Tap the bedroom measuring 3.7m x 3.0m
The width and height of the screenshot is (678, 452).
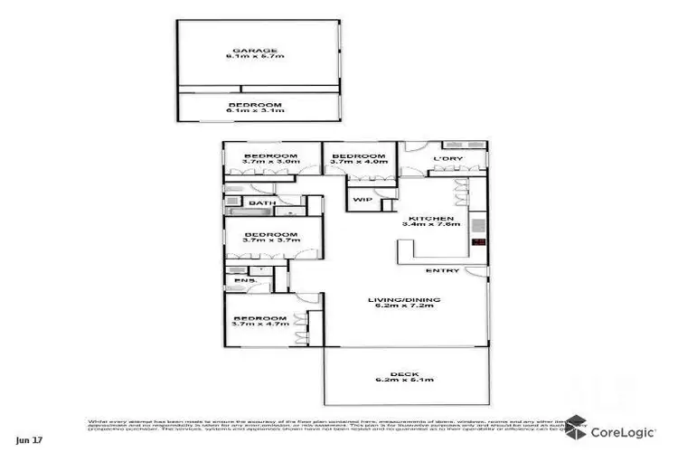pos(272,160)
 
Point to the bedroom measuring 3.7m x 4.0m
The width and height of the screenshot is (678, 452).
pos(359,160)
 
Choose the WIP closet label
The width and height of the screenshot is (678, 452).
pos(362,199)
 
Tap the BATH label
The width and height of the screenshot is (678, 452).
pos(263,203)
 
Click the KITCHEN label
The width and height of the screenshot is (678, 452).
pos(423,219)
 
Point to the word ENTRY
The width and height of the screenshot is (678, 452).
pos(443,270)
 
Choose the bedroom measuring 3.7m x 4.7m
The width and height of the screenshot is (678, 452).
pos(261,321)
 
